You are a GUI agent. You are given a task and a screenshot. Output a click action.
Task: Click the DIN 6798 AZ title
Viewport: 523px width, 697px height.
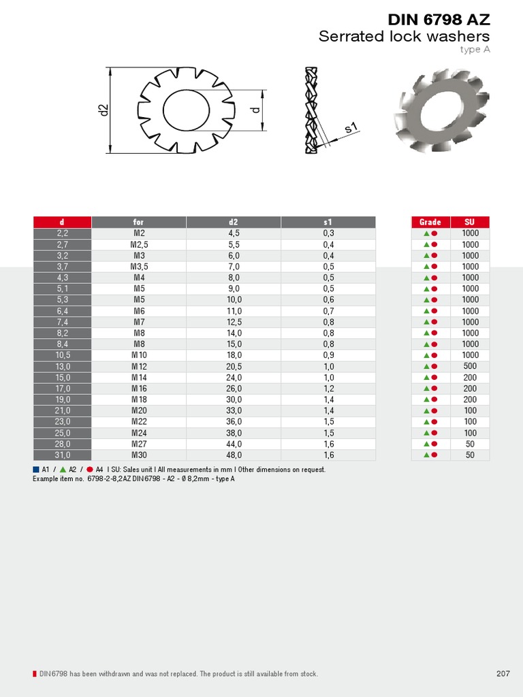tap(439, 20)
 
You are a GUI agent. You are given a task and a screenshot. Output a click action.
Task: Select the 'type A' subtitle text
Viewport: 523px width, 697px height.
tap(475, 49)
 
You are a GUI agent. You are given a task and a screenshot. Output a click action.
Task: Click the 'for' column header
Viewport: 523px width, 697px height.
tap(139, 222)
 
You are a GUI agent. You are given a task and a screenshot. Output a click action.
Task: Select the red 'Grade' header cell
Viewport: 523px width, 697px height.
tap(430, 222)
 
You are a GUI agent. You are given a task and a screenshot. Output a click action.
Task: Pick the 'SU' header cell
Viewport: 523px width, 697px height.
tap(470, 222)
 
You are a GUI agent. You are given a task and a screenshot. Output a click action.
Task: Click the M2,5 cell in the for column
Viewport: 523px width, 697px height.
tap(139, 244)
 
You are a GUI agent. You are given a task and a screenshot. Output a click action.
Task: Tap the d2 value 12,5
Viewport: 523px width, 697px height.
tap(234, 322)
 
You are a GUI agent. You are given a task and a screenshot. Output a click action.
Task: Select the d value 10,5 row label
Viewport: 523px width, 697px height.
tap(63, 355)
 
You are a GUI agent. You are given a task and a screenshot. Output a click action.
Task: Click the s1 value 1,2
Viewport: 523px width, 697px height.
tap(328, 389)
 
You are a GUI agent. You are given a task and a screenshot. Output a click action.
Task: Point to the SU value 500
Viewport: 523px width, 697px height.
tap(470, 366)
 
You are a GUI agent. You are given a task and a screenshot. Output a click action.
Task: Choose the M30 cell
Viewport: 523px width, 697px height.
tap(139, 455)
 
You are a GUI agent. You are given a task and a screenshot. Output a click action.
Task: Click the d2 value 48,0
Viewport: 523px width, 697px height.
tap(234, 455)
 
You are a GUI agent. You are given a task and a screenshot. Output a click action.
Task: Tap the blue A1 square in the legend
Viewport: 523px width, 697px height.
tap(35, 470)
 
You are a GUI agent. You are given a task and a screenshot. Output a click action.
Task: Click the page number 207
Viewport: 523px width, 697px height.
tap(503, 674)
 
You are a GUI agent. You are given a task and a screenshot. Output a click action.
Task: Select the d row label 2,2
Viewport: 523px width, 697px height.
tap(63, 233)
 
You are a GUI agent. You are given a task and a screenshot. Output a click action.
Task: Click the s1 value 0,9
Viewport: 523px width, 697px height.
tap(328, 355)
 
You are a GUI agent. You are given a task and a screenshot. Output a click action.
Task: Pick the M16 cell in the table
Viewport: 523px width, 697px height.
tap(139, 389)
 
